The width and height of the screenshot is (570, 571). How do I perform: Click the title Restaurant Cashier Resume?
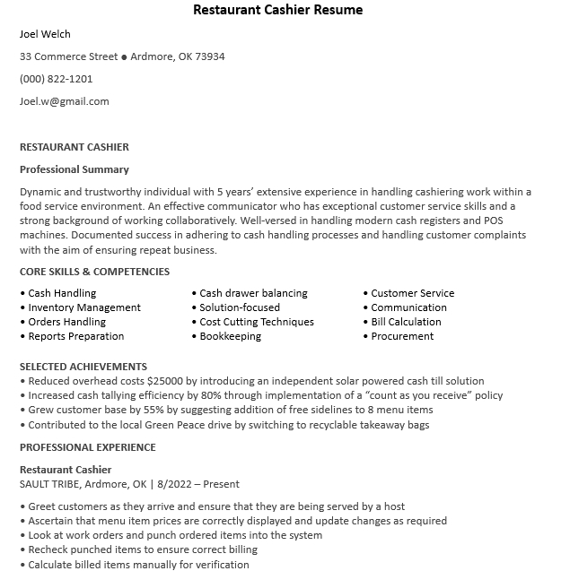[278, 10]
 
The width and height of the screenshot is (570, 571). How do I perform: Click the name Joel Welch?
[45, 34]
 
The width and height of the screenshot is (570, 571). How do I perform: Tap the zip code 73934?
[210, 56]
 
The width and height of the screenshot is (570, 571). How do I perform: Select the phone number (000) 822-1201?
[56, 79]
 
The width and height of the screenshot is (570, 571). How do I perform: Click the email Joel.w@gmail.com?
[64, 101]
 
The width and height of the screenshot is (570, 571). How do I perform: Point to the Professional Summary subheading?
[75, 169]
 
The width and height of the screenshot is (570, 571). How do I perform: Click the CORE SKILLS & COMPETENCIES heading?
[94, 272]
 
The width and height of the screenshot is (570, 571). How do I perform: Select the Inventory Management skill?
[84, 307]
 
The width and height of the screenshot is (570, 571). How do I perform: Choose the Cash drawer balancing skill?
[253, 293]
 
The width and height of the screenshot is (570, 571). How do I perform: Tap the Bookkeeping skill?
[230, 336]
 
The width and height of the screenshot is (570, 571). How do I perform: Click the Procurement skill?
[402, 336]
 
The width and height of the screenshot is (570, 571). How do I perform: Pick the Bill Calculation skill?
[406, 322]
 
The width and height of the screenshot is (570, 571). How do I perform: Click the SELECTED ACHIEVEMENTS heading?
[83, 367]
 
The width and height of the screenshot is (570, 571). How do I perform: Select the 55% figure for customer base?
[140, 410]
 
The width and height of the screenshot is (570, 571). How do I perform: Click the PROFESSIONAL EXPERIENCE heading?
[88, 447]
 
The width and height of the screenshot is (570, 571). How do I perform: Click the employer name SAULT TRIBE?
[50, 484]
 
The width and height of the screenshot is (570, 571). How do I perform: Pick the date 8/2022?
[177, 484]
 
